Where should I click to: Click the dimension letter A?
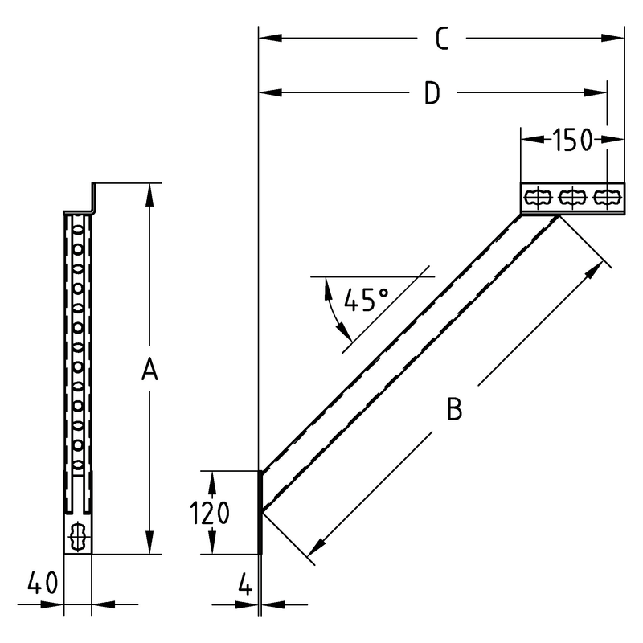click(x=149, y=369)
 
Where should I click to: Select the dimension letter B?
click(x=454, y=408)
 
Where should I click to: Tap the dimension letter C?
click(x=441, y=39)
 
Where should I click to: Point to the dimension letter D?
click(x=432, y=92)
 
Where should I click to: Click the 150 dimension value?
click(x=572, y=140)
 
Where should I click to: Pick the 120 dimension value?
click(x=209, y=513)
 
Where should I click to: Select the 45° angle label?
click(x=366, y=299)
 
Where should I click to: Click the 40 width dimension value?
click(x=43, y=583)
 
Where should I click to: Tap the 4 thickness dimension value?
click(x=245, y=584)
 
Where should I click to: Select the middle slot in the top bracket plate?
click(x=572, y=198)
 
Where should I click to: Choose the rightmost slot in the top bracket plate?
click(x=607, y=198)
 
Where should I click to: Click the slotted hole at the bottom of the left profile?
click(x=77, y=536)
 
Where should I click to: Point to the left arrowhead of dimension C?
click(x=270, y=38)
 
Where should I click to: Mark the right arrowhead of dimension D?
click(x=596, y=92)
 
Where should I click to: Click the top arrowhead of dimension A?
click(x=149, y=195)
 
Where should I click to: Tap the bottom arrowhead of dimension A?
click(x=149, y=542)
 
